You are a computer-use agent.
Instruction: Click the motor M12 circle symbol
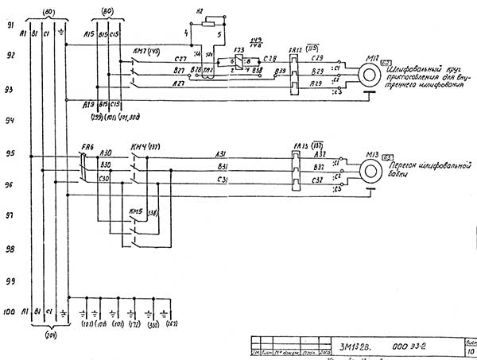click(x=367, y=75)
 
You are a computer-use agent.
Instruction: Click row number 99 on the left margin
click(x=11, y=281)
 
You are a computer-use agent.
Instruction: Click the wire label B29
click(x=317, y=71)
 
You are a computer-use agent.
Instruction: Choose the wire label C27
click(x=180, y=59)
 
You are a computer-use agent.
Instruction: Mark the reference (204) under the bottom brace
click(x=50, y=334)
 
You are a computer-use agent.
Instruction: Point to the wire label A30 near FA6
click(x=107, y=152)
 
